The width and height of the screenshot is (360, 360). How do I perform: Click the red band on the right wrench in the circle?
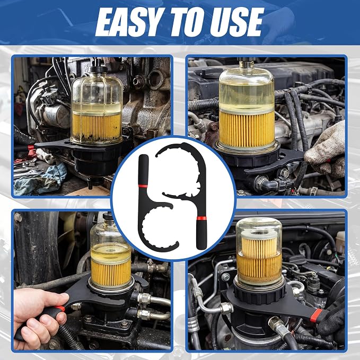tap(201, 218)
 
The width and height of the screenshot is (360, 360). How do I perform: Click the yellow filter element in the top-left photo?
tap(97, 127)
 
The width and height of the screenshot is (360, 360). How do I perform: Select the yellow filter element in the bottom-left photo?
tap(111, 273)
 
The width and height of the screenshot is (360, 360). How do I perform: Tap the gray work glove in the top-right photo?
tap(326, 150)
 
